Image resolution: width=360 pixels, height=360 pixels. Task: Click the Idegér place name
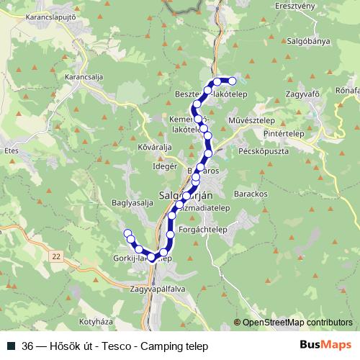[165, 166]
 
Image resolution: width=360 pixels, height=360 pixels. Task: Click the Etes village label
[11, 151]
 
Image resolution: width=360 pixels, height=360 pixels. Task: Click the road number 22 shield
[57, 256]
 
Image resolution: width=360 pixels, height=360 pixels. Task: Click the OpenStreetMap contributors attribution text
[297, 323]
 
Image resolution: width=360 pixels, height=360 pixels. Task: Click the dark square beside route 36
[11, 345]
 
